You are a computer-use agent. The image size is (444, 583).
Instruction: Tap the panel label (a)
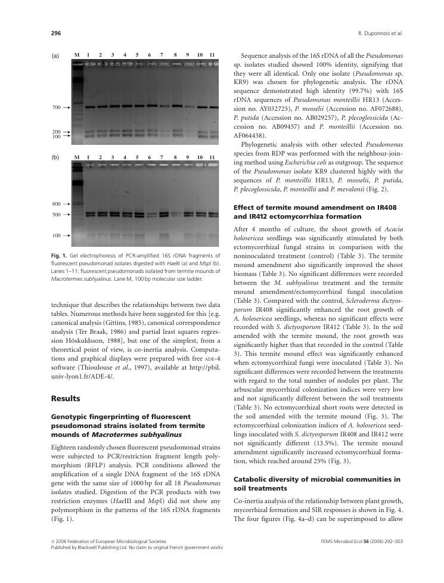55,55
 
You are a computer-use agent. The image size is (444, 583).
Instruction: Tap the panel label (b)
55,157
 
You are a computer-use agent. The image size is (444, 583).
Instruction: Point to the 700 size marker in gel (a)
56,107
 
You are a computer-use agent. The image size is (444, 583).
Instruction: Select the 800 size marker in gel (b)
56,204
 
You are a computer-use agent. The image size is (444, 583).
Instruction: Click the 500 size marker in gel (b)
56,215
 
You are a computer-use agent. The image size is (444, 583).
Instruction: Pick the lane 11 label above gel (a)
212,55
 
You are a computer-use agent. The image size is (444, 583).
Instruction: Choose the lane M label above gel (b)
76,157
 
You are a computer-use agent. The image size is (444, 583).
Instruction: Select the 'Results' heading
66,398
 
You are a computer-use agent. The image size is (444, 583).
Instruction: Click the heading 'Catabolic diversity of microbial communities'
316,479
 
